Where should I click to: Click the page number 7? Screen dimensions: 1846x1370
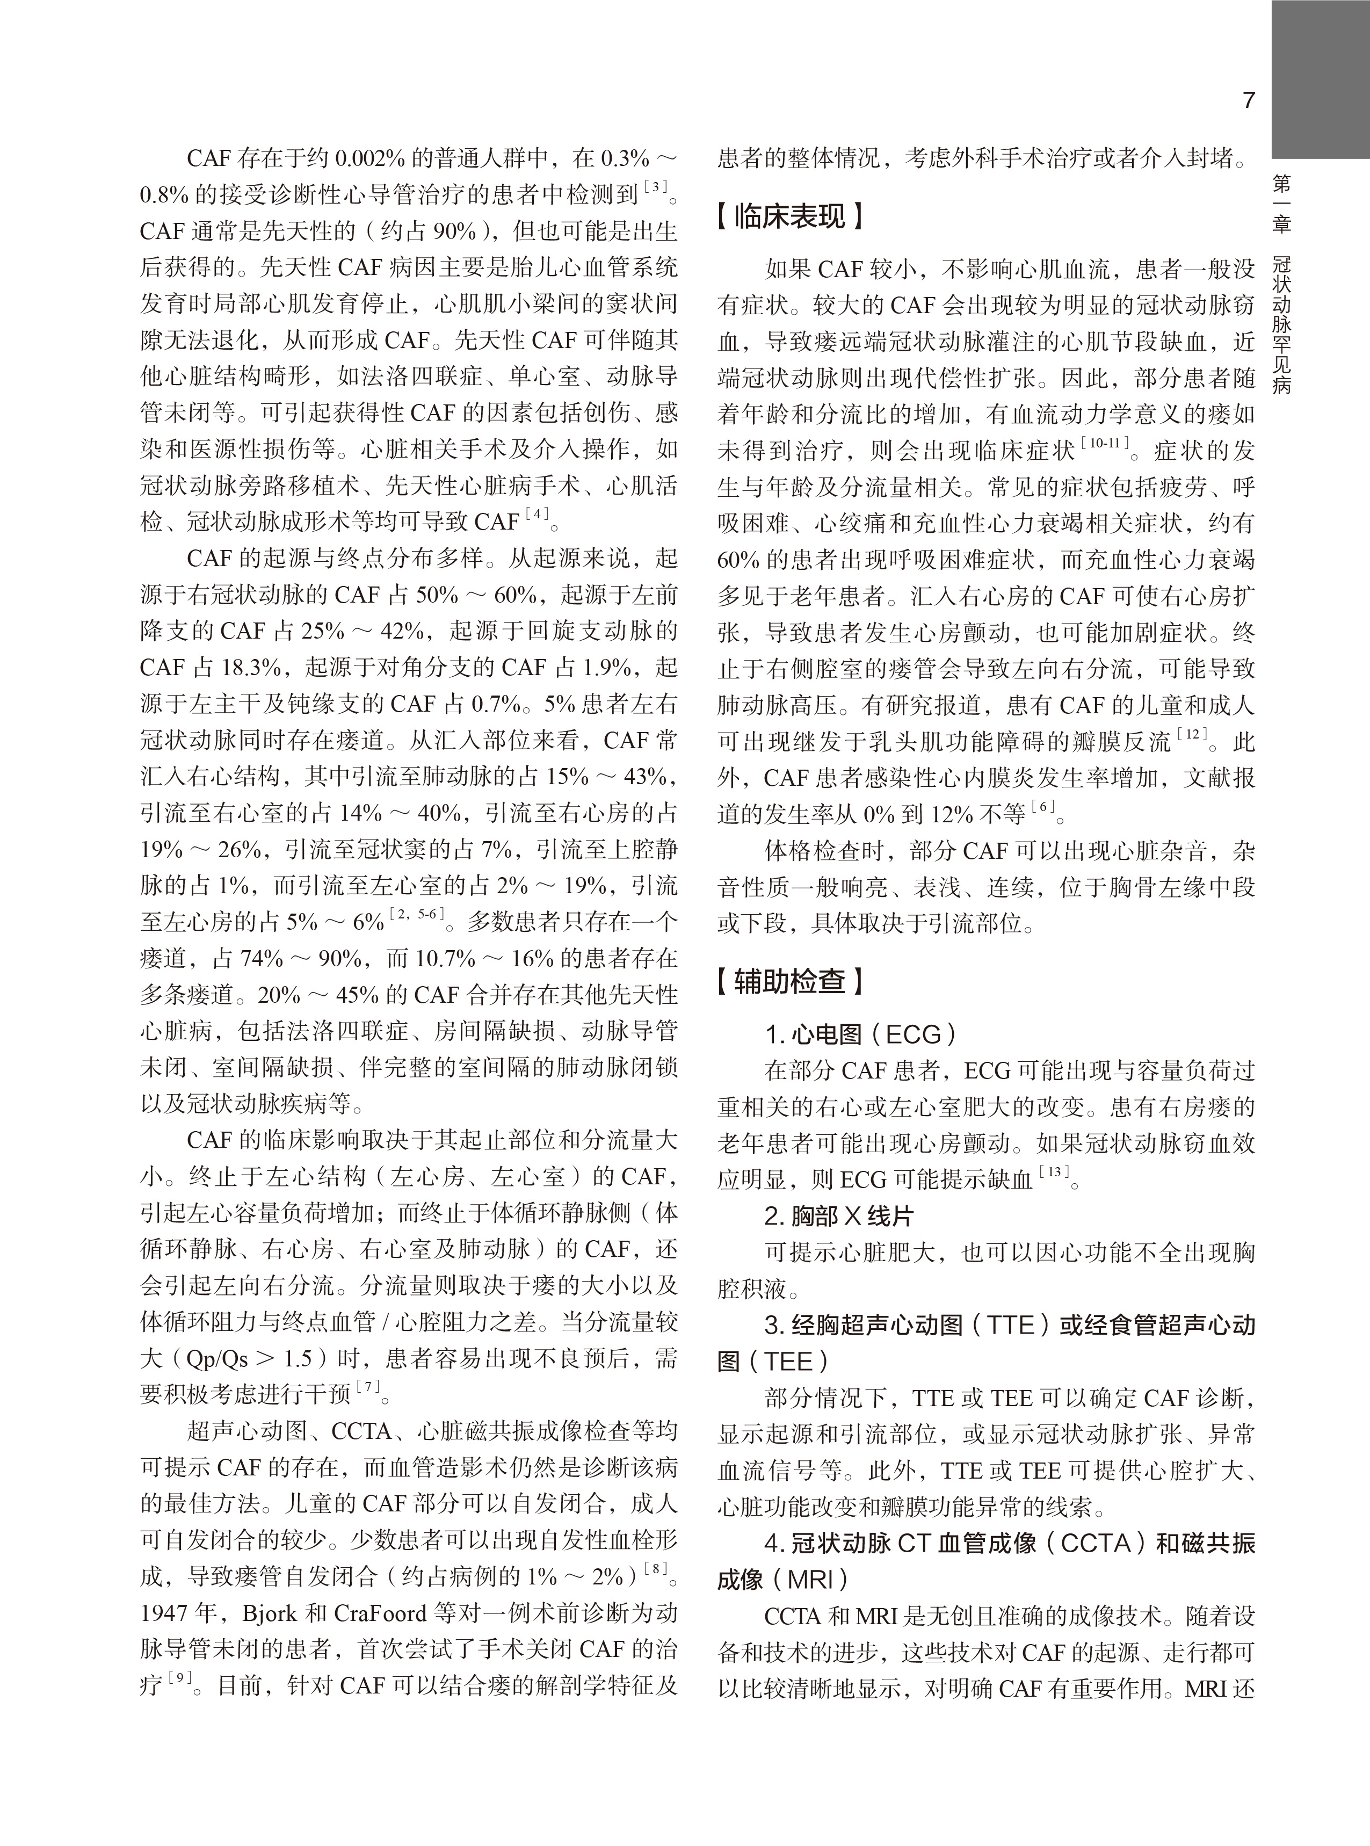pos(1248,101)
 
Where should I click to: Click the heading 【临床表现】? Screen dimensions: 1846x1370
pos(791,218)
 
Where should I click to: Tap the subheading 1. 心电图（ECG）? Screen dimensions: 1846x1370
pos(861,1034)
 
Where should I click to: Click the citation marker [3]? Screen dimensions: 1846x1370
pos(656,187)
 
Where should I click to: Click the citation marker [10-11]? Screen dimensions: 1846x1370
pos(1104,444)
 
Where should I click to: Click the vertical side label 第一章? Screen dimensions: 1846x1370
pos(1281,203)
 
